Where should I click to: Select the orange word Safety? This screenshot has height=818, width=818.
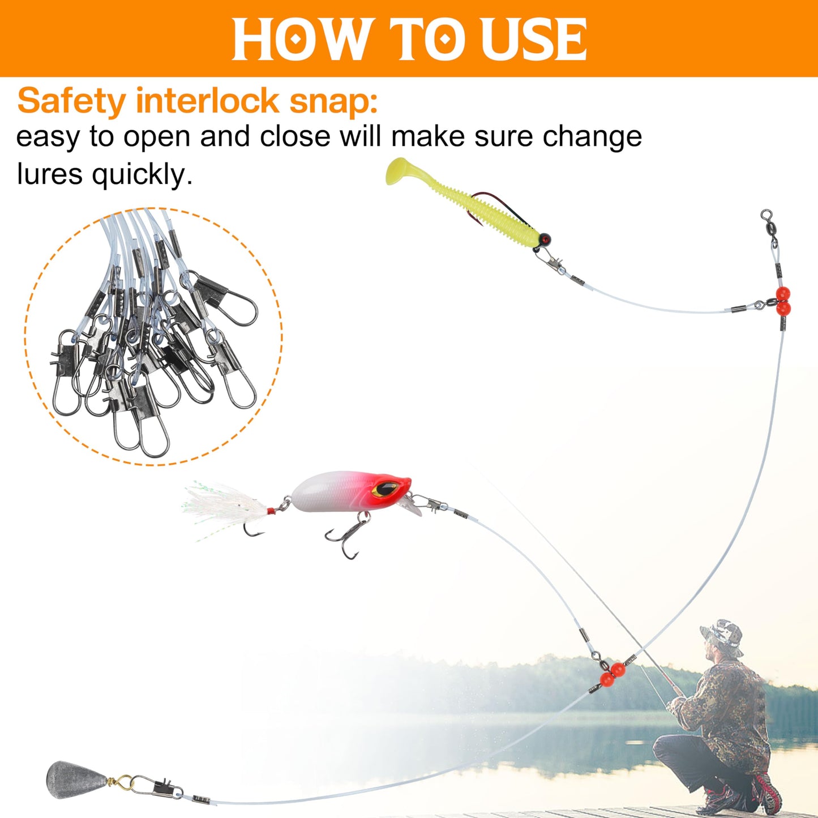coord(71,101)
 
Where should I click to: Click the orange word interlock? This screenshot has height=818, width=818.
coord(208,101)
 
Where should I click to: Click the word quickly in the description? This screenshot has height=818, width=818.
coord(142,175)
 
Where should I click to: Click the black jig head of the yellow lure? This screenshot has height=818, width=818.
coord(544,239)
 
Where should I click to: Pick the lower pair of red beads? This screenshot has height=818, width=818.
coord(612,674)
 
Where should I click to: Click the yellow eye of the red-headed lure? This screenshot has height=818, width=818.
coord(387,487)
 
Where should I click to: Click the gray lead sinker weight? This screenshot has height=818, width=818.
coord(72,780)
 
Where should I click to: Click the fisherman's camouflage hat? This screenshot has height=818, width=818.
coord(721,630)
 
